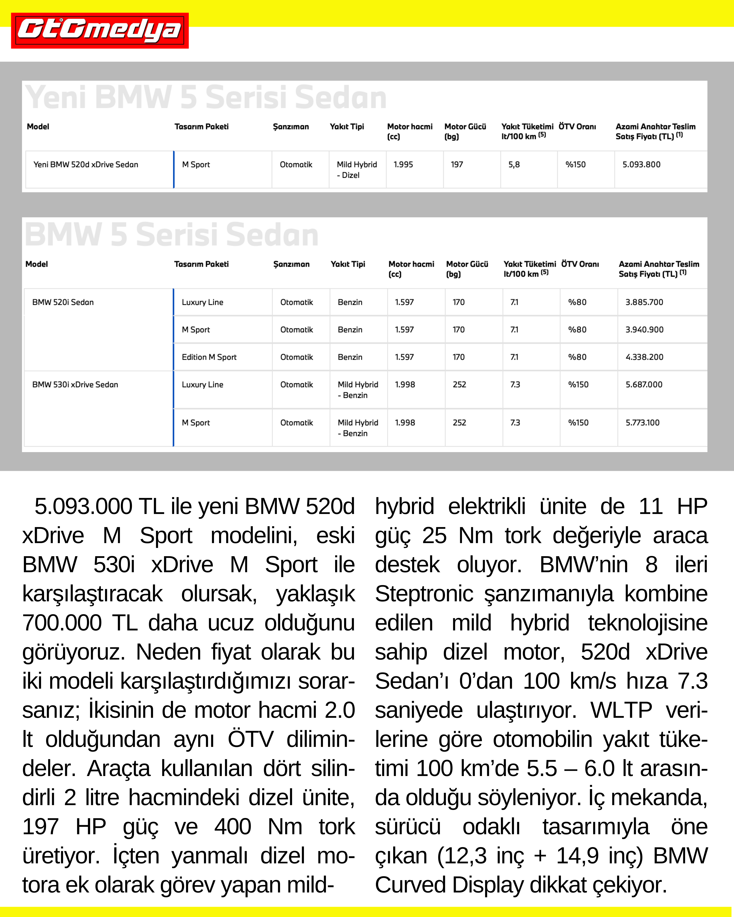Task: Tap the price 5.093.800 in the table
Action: pos(641,165)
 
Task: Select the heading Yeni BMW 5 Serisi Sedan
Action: pos(206,97)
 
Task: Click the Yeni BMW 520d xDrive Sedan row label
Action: pos(86,165)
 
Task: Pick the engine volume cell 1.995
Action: pos(403,165)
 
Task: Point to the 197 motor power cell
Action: pos(456,165)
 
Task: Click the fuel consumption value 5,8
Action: pos(514,165)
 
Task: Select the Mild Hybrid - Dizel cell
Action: pos(357,170)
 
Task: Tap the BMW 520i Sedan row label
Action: pos(63,302)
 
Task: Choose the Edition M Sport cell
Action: pos(209,357)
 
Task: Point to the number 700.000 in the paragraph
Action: pos(62,623)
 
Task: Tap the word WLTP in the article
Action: pos(621,710)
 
